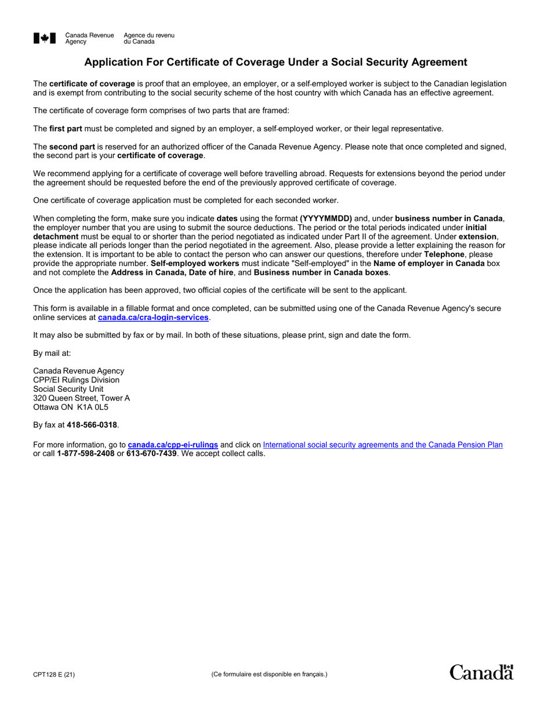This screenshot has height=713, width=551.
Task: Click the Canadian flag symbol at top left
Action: (45, 38)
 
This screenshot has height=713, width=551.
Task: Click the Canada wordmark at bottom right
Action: (481, 672)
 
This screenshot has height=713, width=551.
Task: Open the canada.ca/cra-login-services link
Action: (153, 318)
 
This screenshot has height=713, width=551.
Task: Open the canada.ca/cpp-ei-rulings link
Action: (173, 445)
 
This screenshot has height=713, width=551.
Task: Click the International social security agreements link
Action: (383, 445)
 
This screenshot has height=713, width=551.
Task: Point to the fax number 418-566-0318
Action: (92, 425)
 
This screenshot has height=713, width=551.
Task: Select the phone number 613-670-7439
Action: (151, 453)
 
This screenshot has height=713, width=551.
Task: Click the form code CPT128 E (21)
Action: (54, 674)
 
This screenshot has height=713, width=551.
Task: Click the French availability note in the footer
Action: (269, 674)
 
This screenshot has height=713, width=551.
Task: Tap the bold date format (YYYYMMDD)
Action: (326, 219)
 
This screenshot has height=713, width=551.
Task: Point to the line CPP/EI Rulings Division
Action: (76, 380)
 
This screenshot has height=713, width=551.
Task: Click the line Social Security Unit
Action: (68, 389)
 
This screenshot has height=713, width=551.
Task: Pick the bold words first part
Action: (66, 129)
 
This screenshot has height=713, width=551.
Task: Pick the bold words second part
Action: (72, 147)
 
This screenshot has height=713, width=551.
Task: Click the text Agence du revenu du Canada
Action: (148, 38)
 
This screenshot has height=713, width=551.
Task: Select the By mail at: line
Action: (52, 353)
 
